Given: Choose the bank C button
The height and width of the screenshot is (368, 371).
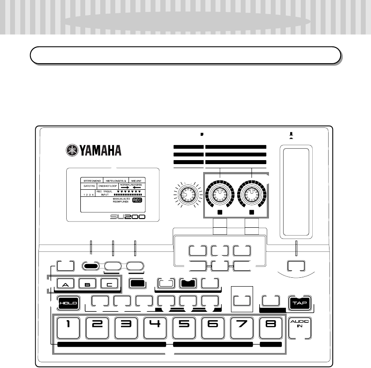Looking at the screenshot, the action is coord(110,284).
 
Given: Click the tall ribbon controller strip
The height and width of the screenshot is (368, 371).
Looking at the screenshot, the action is coord(296,192).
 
